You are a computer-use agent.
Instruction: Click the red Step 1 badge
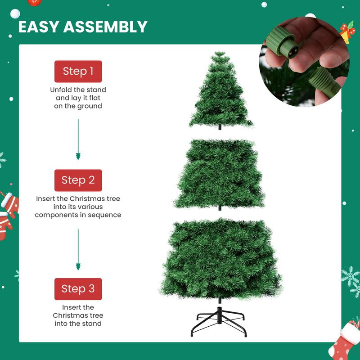[78, 71]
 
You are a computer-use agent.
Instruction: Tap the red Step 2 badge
[78, 180]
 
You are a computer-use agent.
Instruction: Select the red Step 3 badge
[78, 288]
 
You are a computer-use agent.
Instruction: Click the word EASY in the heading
[38, 27]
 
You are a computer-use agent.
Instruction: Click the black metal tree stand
[220, 321]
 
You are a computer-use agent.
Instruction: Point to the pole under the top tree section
[220, 128]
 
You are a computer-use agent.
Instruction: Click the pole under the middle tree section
[220, 208]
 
